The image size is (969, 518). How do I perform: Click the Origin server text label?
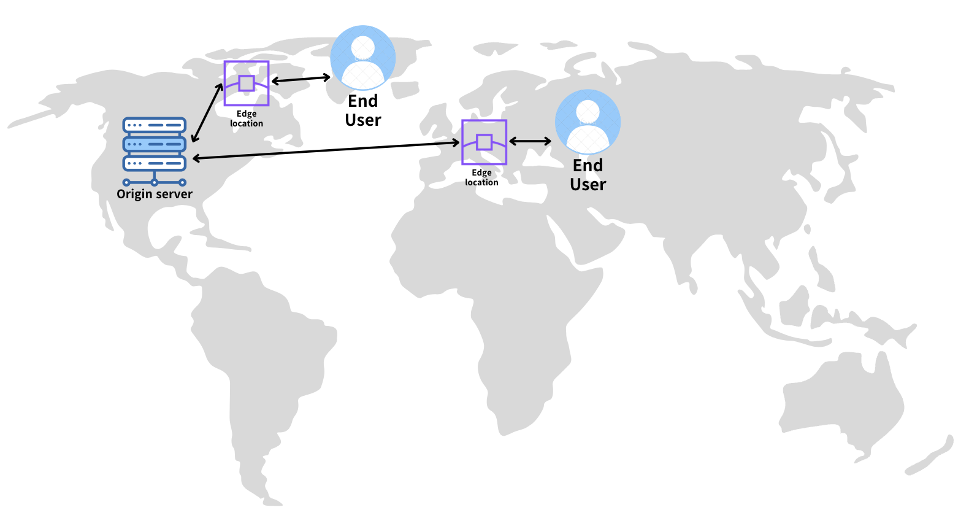(x=155, y=194)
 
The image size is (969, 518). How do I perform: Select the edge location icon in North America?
(x=247, y=83)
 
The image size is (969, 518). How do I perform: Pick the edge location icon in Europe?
(x=484, y=142)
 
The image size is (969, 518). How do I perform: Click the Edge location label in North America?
(x=247, y=118)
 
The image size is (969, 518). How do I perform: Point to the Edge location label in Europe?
(x=481, y=177)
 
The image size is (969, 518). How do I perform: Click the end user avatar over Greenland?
(x=363, y=57)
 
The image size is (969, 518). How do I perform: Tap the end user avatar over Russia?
(x=588, y=122)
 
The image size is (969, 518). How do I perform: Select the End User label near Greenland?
(x=363, y=110)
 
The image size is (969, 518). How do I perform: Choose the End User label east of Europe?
(x=588, y=175)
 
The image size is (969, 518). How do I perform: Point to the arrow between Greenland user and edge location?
(x=301, y=79)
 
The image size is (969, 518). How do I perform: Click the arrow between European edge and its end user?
(x=530, y=141)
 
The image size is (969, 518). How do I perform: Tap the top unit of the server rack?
(x=155, y=125)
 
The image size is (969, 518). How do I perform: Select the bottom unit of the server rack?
(x=155, y=163)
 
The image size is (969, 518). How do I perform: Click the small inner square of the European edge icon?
(x=484, y=142)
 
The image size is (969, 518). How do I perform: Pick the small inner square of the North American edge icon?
(x=247, y=83)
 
